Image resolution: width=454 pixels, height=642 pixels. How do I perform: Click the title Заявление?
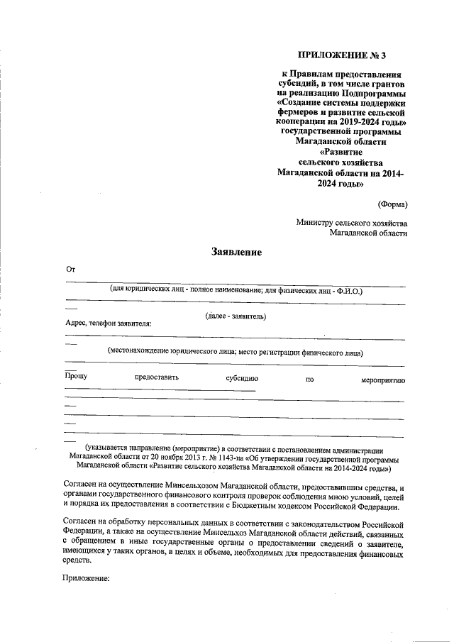[x=236, y=252]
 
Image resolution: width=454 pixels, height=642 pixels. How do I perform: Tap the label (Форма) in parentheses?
[x=392, y=204]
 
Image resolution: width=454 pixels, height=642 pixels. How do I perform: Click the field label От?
[x=70, y=270]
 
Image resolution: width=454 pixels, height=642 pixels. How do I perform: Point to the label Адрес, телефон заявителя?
[x=108, y=323]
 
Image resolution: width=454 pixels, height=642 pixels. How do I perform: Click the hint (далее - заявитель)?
[x=236, y=315]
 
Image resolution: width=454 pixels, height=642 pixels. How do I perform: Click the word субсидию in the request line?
[x=242, y=378]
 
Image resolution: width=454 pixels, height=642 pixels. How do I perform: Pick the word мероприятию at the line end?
[x=383, y=380]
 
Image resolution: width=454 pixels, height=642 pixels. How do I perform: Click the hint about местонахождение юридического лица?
[x=235, y=351]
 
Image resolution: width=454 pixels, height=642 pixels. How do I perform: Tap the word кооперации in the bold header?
[x=301, y=122]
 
